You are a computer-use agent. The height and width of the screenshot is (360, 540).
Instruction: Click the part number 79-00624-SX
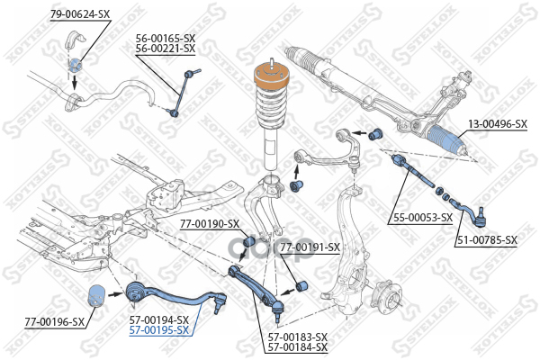[80, 13]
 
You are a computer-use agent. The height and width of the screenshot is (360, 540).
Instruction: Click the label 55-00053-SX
[421, 217]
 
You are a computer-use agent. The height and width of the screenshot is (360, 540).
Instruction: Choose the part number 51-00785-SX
[486, 239]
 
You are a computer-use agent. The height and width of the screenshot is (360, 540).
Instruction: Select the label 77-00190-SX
[209, 224]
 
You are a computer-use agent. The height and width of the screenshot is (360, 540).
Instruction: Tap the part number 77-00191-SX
[309, 247]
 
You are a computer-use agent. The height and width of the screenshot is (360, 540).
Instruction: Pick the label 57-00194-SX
[157, 319]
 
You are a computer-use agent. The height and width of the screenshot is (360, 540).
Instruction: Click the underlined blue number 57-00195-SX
[157, 330]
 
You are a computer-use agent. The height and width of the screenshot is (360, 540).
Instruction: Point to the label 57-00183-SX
[297, 337]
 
